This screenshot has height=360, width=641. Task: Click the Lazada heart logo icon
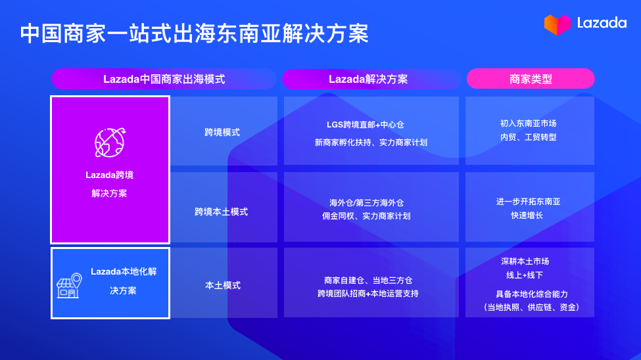point(556,24)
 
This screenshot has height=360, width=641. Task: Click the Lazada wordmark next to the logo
point(601,23)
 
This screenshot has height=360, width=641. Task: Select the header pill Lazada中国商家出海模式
point(164,79)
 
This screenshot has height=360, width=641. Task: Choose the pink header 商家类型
point(531,79)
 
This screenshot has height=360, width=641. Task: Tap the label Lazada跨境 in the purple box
point(109,175)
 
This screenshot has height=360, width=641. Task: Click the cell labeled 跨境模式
point(222,132)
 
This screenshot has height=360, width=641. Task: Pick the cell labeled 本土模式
point(223,285)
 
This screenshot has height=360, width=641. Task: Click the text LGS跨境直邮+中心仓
point(371,124)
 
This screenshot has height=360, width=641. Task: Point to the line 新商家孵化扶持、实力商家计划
point(371,142)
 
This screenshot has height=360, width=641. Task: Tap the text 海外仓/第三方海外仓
point(371,202)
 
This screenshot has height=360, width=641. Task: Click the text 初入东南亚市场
point(529,123)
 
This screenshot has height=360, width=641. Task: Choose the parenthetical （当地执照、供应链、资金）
point(531,307)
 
